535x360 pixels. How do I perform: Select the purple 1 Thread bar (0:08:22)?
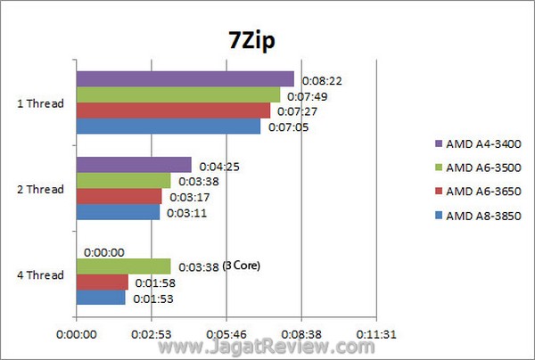click(x=185, y=79)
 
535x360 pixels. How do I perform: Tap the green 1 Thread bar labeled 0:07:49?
click(x=177, y=94)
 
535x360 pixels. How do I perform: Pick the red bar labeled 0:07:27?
click(x=173, y=110)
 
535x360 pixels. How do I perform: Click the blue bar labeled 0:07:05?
click(x=169, y=127)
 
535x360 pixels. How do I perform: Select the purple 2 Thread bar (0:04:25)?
click(x=134, y=165)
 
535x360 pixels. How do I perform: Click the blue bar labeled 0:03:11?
click(x=118, y=213)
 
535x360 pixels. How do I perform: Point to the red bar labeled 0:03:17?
click(x=119, y=197)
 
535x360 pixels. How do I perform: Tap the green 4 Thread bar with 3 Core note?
click(x=123, y=266)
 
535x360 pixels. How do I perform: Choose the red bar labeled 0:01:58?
click(x=102, y=282)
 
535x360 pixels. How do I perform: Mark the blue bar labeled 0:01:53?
click(x=101, y=298)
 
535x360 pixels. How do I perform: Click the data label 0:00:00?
click(x=105, y=252)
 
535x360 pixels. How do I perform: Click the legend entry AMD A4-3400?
click(x=482, y=143)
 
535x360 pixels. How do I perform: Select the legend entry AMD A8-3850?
click(x=482, y=215)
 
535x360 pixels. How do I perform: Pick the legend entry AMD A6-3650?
click(x=482, y=191)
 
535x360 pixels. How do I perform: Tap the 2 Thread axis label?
click(x=41, y=189)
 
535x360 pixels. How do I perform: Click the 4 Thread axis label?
click(x=41, y=274)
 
